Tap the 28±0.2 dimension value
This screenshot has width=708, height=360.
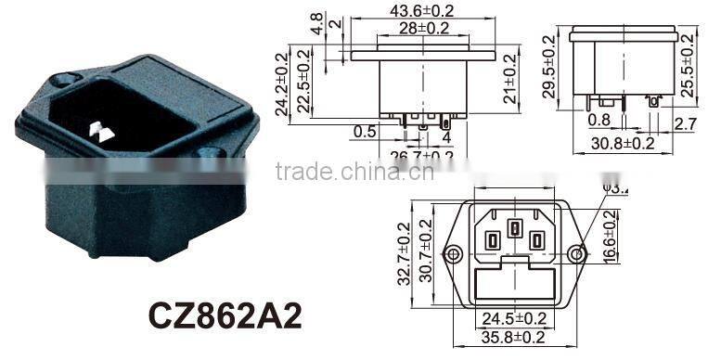(x=426, y=28)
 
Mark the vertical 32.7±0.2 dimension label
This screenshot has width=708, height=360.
(x=403, y=252)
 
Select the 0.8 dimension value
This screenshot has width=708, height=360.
(x=598, y=120)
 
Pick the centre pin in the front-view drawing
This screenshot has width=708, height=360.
(x=514, y=228)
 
